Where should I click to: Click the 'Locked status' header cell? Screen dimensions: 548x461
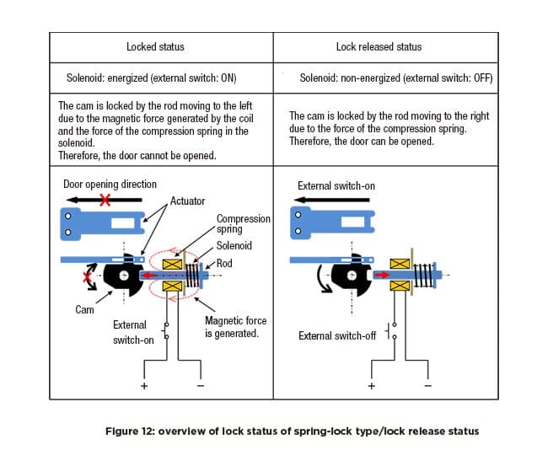[x=155, y=47]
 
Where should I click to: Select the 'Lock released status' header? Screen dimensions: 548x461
[x=379, y=47]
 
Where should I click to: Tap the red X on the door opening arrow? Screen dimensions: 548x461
[x=105, y=200]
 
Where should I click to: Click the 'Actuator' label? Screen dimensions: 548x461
[x=187, y=201]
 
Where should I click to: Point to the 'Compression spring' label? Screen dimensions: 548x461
[x=244, y=224]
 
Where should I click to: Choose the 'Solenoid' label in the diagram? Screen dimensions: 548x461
[x=234, y=245]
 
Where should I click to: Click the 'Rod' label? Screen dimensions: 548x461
[x=224, y=263]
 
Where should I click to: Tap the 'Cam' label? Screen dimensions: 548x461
[x=84, y=310]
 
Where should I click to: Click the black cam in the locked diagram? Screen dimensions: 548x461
[x=124, y=276]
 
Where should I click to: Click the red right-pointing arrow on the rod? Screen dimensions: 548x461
[x=381, y=276]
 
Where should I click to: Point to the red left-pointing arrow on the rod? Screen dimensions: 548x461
[x=149, y=276]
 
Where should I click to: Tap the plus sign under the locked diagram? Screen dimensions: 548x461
[x=144, y=386]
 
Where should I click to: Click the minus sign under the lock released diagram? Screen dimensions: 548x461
[x=427, y=386]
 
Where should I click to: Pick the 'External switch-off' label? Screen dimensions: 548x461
[x=337, y=336]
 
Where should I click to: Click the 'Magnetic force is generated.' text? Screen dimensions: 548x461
[x=235, y=327]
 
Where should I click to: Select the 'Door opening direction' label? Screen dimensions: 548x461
[x=110, y=185]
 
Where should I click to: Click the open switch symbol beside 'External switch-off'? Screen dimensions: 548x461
[x=391, y=331]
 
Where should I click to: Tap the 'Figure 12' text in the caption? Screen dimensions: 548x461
[x=130, y=431]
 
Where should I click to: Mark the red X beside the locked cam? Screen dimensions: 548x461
[x=87, y=277]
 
